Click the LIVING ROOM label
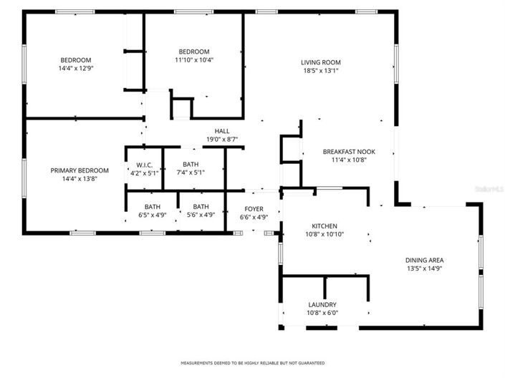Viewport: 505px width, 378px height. tap(320, 62)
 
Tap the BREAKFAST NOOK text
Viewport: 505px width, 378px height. tap(349, 151)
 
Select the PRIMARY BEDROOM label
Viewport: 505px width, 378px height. tap(80, 170)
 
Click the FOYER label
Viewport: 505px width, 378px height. tap(254, 208)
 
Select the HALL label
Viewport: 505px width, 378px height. tap(222, 131)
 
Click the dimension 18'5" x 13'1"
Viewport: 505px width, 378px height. tap(320, 71)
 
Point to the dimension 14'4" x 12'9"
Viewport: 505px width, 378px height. tap(75, 68)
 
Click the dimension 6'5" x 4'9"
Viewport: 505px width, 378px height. tap(152, 215)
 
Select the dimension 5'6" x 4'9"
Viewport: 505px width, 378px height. tap(200, 215)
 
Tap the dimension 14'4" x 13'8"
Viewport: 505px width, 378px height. tap(80, 179)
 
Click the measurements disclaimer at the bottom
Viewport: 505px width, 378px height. tap(252, 363)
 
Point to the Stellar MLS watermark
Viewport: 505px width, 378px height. tap(491, 188)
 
